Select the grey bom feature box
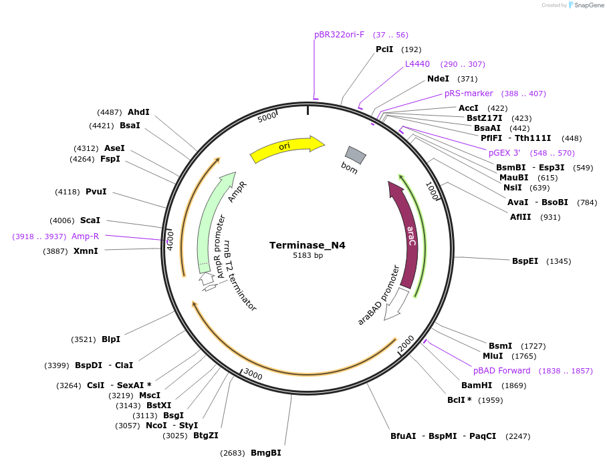[x=355, y=155]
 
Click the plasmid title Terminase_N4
[x=308, y=245]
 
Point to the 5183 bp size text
[x=308, y=256]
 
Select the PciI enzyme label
[x=384, y=49]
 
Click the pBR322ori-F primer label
[x=340, y=35]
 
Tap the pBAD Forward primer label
[x=502, y=371]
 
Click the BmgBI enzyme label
[x=265, y=453]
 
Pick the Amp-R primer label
[x=85, y=237]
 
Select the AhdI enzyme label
[x=138, y=112]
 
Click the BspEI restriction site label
[x=525, y=261]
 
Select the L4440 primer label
[x=418, y=64]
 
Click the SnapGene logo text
[x=586, y=5]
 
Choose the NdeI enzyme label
[x=438, y=79]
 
